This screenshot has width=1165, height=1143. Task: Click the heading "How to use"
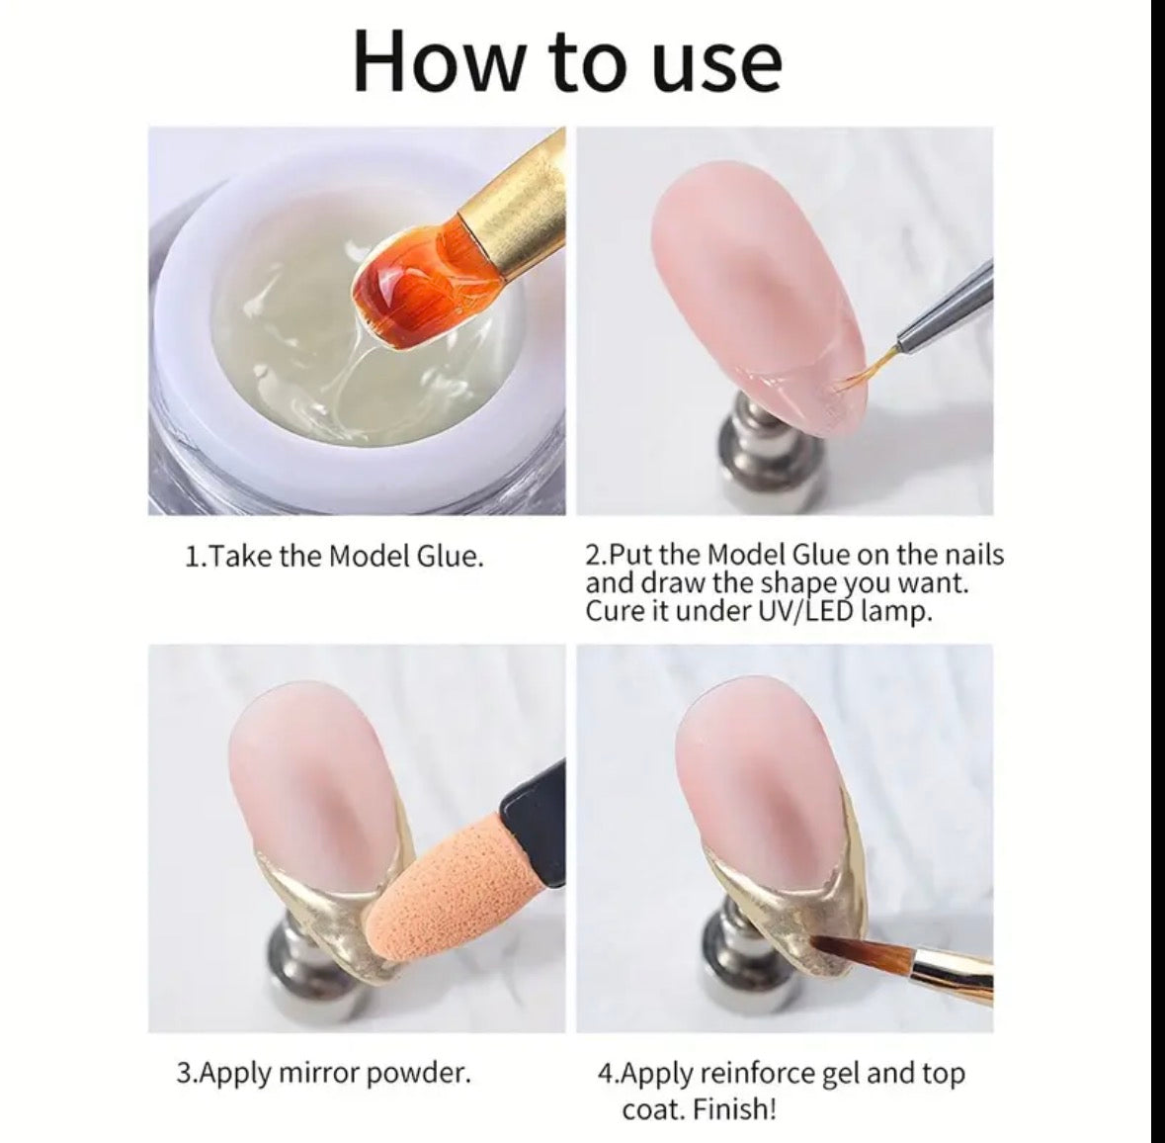pyautogui.click(x=567, y=61)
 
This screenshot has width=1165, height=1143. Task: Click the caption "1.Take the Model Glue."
pyautogui.click(x=335, y=557)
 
